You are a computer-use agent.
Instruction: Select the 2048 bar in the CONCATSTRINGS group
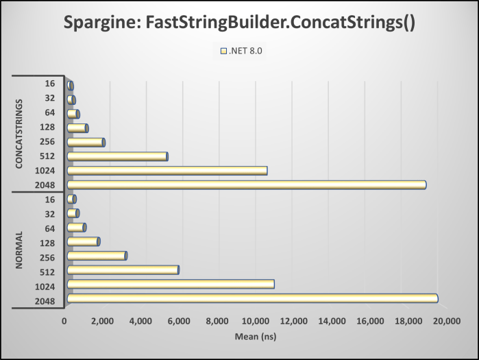click(247, 184)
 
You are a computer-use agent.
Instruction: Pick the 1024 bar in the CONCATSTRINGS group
click(167, 170)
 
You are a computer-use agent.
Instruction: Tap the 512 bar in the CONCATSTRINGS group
click(117, 156)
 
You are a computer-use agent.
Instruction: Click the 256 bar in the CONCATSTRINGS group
click(86, 142)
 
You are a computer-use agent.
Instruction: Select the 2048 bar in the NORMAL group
click(252, 298)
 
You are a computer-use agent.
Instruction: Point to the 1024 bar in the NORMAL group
click(171, 284)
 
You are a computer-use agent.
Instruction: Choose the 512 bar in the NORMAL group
click(123, 269)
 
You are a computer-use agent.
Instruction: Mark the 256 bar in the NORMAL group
click(97, 256)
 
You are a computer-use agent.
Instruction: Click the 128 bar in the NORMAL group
click(83, 241)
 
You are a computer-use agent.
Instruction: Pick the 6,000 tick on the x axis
click(179, 321)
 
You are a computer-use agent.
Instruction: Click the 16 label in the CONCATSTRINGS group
click(50, 84)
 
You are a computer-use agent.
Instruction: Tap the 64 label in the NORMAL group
click(50, 228)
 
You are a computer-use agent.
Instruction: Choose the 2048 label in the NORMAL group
click(46, 299)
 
